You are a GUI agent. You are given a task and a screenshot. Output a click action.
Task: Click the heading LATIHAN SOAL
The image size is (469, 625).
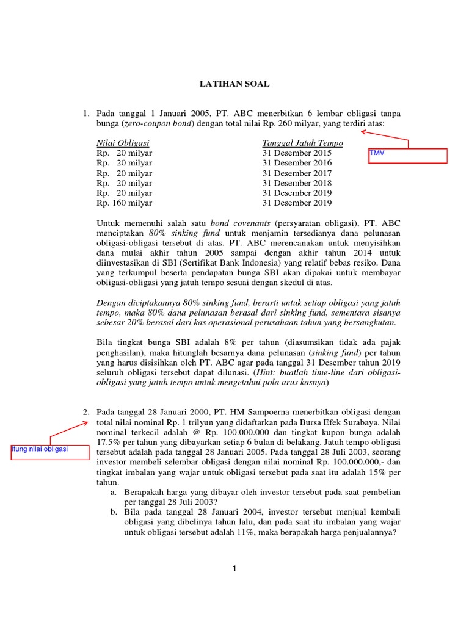coord(234,84)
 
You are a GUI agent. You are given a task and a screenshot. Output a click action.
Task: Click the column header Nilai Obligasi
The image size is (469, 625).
coord(123,143)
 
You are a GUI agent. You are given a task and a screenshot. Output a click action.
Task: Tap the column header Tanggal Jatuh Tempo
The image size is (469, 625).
coord(302,143)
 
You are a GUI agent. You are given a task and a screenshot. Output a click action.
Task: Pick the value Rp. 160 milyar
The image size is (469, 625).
coord(125,203)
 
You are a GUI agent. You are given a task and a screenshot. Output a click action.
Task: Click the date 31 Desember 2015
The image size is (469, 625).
coord(297,153)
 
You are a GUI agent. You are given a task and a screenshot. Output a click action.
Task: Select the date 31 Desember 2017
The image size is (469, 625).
coord(297,173)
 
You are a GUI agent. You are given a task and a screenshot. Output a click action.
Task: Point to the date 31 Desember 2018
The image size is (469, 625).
coord(297,183)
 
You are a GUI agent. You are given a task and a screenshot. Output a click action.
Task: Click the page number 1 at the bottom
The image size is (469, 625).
coord(234,569)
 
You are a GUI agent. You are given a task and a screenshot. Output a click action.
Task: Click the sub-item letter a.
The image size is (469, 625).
coord(114,492)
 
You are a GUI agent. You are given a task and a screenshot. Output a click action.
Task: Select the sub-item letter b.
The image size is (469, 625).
coord(114,511)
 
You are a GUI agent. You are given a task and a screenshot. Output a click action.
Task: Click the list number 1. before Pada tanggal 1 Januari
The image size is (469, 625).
coord(87,114)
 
